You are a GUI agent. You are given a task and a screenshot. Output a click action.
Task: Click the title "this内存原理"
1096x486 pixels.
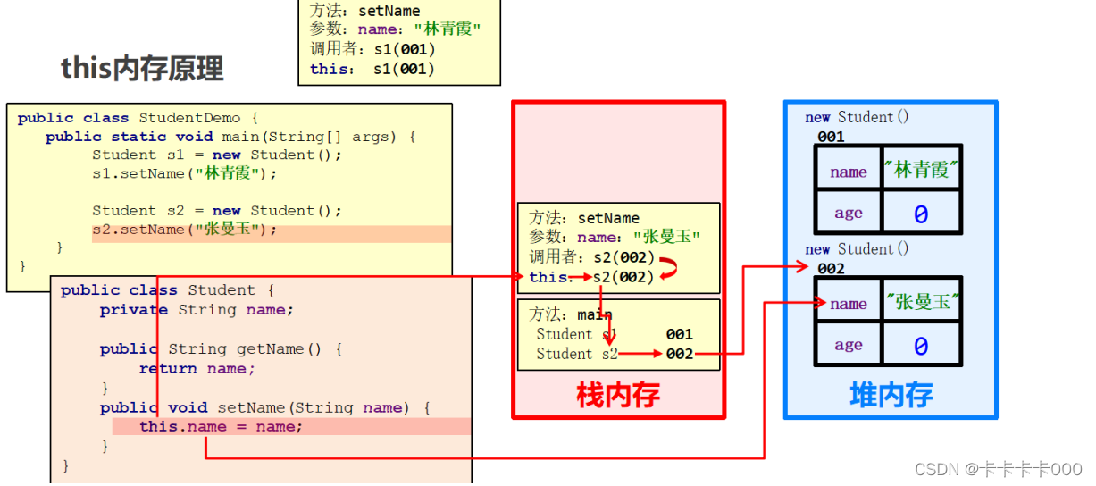click(142, 69)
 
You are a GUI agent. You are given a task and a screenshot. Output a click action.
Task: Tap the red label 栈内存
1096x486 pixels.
click(618, 395)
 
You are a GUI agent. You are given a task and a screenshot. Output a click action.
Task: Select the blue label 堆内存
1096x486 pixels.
click(891, 395)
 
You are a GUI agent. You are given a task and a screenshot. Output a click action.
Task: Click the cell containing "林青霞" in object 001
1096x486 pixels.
click(921, 170)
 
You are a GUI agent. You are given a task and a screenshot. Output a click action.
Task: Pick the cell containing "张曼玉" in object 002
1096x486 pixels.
click(921, 303)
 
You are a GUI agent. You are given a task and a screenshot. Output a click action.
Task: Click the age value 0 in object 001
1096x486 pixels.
click(921, 214)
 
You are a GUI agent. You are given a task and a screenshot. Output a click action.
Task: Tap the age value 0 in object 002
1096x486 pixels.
click(921, 346)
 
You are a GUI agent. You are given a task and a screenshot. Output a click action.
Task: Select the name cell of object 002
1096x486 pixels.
click(848, 304)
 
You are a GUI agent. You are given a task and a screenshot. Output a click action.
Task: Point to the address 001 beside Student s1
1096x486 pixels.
click(679, 334)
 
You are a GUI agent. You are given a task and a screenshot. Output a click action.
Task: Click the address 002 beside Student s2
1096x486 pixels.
click(679, 355)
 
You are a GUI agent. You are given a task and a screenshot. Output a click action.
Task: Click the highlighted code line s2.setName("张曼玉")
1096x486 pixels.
click(184, 230)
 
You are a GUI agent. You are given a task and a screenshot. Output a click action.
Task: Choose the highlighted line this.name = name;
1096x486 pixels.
click(221, 427)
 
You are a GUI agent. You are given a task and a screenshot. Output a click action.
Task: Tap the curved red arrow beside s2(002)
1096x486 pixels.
click(667, 267)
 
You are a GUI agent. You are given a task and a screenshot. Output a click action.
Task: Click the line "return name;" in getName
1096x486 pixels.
click(197, 368)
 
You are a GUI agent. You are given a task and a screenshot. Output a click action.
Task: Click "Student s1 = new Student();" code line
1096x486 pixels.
click(217, 155)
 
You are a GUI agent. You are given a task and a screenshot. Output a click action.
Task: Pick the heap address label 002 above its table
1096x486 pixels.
click(831, 269)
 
